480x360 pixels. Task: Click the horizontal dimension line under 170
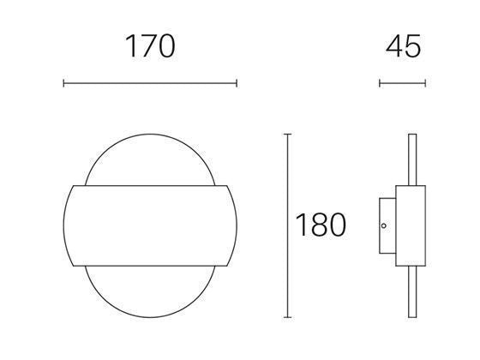tap(150, 83)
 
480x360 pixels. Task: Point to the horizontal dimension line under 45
tap(402, 83)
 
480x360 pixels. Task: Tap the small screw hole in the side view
tap(384, 226)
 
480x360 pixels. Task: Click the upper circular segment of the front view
tap(150, 159)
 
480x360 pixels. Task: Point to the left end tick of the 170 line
tap(64, 83)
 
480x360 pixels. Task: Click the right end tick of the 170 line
tap(236, 83)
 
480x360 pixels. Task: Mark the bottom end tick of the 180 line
tap(287, 315)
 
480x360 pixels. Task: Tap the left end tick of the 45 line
tap(380, 83)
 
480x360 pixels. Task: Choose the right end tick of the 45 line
tap(424, 83)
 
